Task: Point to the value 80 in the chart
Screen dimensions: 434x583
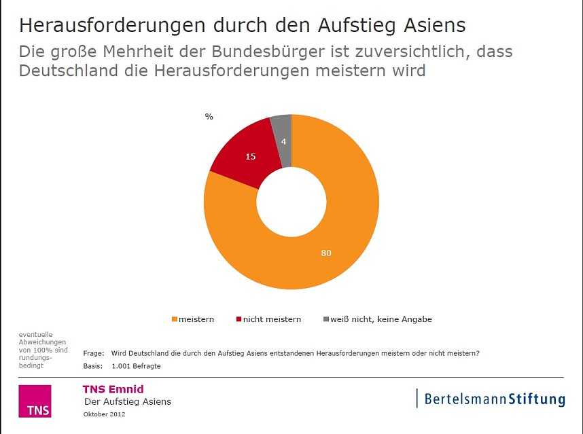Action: click(x=326, y=253)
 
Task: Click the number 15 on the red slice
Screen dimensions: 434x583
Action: click(x=250, y=157)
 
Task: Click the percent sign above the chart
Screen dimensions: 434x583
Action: click(x=209, y=117)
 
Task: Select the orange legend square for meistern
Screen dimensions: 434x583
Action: click(x=175, y=319)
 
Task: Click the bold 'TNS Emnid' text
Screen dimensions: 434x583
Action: click(x=113, y=389)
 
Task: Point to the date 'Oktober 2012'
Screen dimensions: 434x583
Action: click(x=104, y=414)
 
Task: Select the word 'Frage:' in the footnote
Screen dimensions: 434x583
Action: click(x=94, y=353)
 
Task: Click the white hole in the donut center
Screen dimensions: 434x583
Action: click(x=291, y=202)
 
